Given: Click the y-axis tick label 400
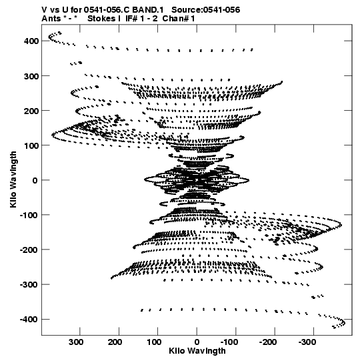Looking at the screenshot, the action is pos(31,41).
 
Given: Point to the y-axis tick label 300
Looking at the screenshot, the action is pos(31,76).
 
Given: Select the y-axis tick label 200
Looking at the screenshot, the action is pos(31,111).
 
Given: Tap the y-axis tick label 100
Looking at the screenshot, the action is pos(31,145).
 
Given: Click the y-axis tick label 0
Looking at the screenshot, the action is pos(35,180).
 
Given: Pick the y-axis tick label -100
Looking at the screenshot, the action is pos(29,216).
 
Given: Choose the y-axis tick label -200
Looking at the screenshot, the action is pos(29,250).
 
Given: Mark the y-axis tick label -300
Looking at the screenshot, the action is pos(29,285).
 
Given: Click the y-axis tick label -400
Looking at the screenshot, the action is pos(29,320).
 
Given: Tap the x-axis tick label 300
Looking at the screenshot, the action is pos(76,342).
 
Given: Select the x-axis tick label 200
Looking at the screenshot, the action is pos(115,342).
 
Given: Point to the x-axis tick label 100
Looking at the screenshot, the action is pos(154,342).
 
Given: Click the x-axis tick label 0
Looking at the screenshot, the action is pos(197,342).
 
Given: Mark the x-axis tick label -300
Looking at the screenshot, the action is pos(307,342).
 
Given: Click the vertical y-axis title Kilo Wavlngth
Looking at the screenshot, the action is pos(13,179).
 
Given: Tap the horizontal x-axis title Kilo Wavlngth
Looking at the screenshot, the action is pos(197,351).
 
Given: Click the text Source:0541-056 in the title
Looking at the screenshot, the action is pos(206,10).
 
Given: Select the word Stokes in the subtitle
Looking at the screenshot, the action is pos(102,19).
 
